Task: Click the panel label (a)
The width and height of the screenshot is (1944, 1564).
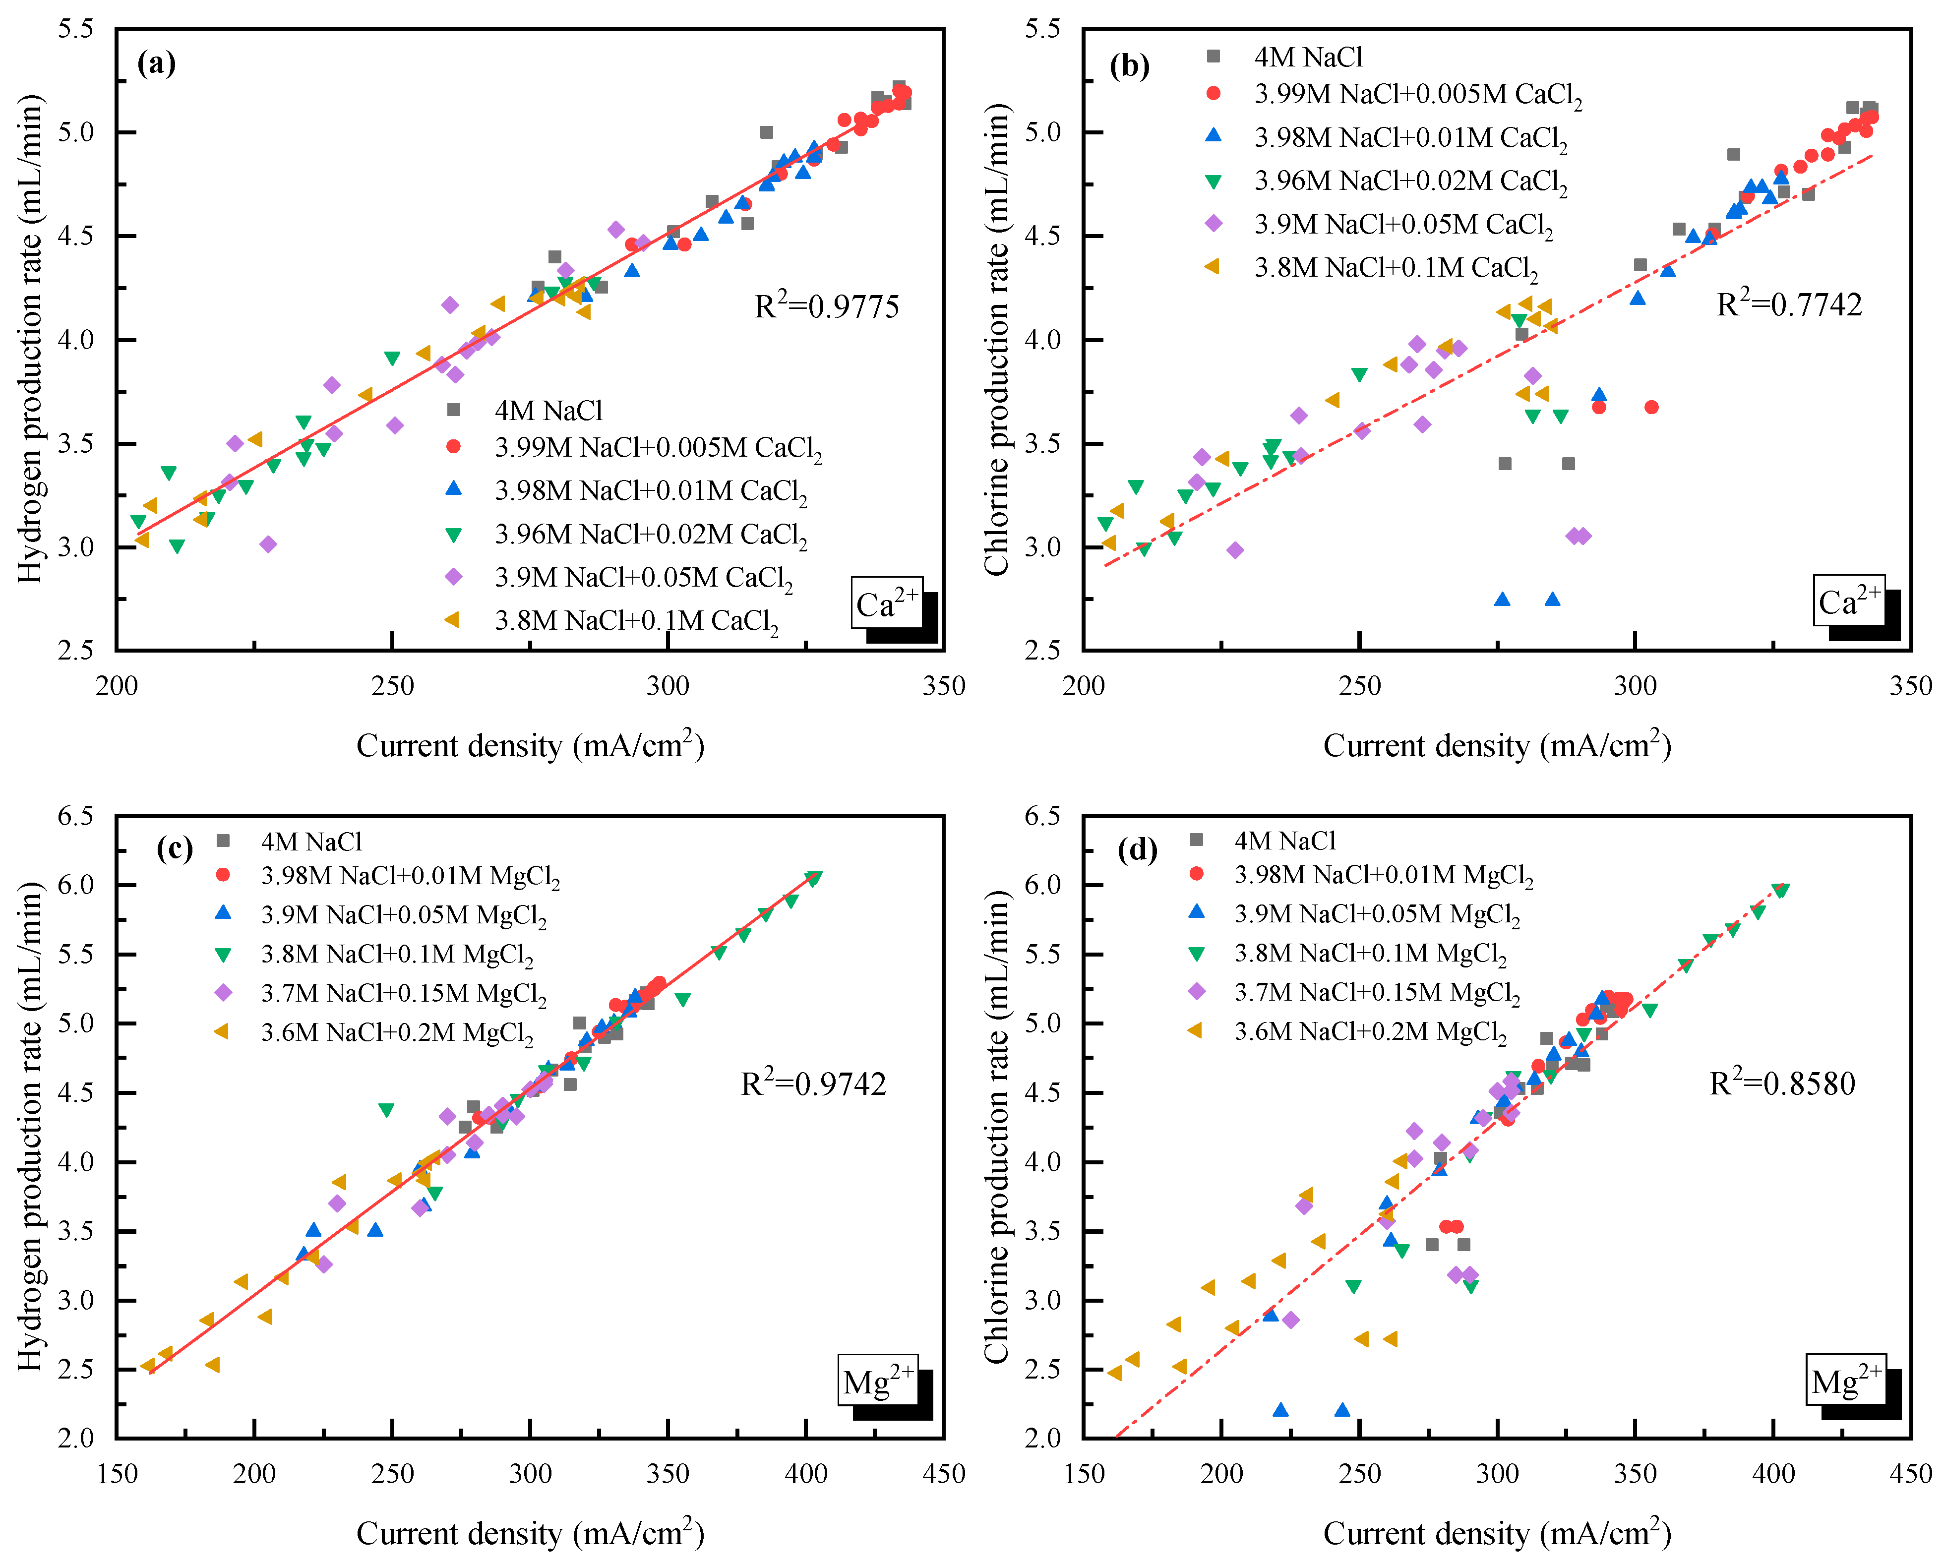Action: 156,63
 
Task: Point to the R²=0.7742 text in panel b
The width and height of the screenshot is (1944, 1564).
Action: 1789,304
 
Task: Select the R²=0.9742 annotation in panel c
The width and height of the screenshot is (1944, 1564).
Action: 813,1083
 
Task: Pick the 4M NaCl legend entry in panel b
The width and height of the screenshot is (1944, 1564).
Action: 1307,58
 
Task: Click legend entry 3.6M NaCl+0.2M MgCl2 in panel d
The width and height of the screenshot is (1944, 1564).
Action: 1370,1032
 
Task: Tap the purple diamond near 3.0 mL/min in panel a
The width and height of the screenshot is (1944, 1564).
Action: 268,544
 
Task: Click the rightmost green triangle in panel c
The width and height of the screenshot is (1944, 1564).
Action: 813,879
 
